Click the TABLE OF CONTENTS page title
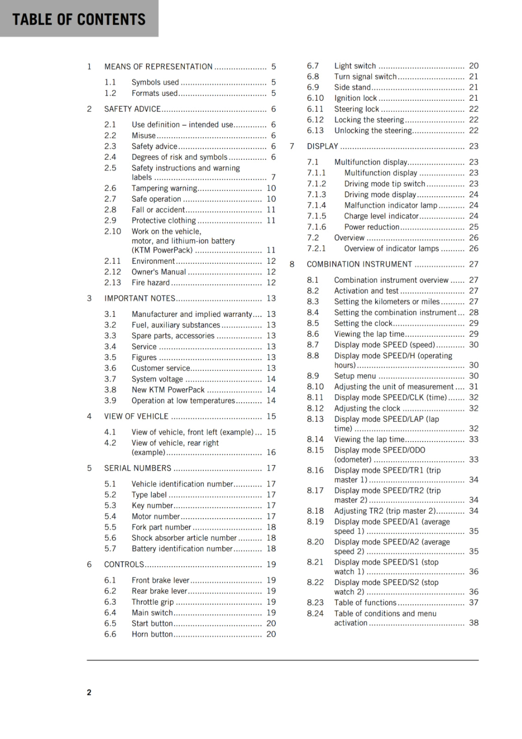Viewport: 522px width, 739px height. (79, 19)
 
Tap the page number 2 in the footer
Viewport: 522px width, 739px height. (89, 692)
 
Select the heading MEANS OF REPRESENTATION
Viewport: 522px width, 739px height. (158, 67)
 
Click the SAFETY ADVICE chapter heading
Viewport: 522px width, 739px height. (133, 109)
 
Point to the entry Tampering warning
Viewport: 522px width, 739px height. (164, 188)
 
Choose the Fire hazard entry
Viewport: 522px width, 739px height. (151, 283)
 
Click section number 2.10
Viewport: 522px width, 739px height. (113, 231)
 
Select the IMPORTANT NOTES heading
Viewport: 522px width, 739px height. (140, 298)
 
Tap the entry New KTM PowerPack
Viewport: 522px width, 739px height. (168, 390)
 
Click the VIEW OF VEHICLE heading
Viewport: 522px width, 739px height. (136, 416)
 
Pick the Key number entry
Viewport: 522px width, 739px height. (152, 505)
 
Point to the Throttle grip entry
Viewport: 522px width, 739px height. (152, 602)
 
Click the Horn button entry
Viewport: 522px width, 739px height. (152, 634)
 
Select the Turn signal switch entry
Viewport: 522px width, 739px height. (365, 77)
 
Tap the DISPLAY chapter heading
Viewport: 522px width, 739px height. (322, 146)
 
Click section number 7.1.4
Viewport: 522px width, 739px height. (316, 205)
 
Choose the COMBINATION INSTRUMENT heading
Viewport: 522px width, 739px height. (359, 264)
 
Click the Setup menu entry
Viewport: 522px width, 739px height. (355, 376)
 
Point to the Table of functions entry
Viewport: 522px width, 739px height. (365, 602)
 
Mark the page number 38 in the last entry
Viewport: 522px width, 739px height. (473, 623)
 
